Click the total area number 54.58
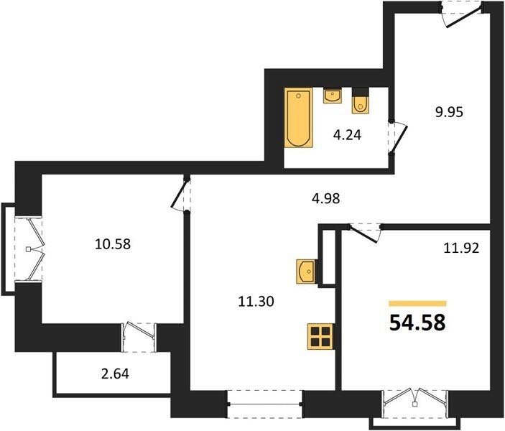(x=417, y=323)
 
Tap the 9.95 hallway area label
(x=449, y=112)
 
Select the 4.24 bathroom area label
(x=347, y=135)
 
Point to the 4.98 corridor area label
(x=325, y=198)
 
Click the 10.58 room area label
(x=113, y=244)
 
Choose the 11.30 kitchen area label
(x=256, y=301)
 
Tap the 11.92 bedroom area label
(x=461, y=248)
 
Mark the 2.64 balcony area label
(x=115, y=374)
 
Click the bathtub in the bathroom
(x=298, y=118)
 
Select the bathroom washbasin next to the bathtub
(x=333, y=96)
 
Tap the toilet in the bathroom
(x=361, y=101)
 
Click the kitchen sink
(x=306, y=272)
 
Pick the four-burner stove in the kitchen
(x=320, y=336)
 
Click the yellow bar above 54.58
(x=417, y=303)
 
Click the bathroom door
(x=398, y=137)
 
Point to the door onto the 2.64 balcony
(x=139, y=337)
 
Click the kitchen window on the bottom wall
(x=265, y=404)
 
